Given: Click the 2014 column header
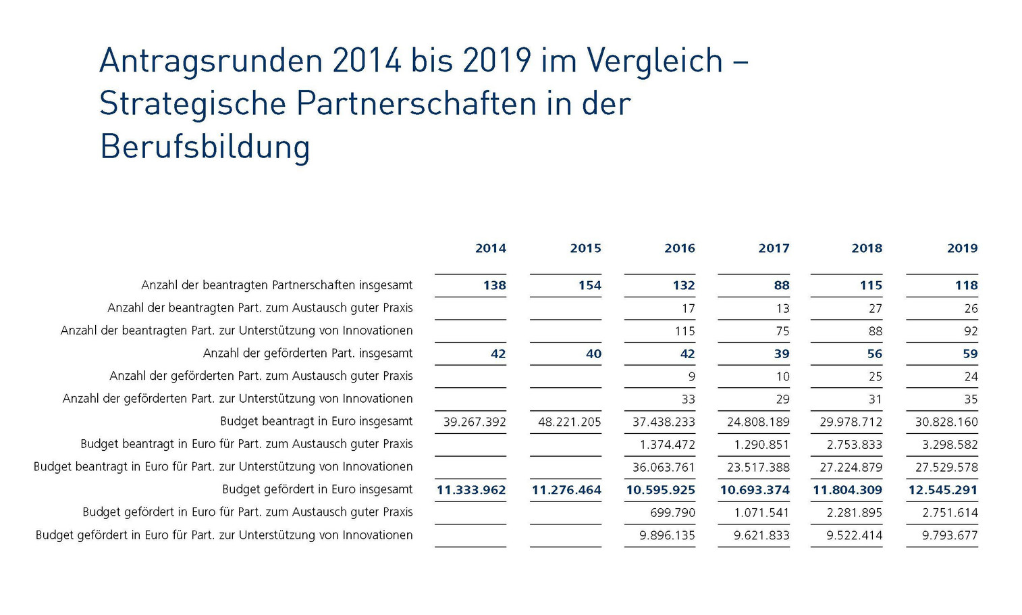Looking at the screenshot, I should coord(490,249).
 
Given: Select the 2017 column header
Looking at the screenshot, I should coord(774,249).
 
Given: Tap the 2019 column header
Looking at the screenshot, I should coord(962,249).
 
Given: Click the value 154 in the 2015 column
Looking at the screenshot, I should coord(589,286).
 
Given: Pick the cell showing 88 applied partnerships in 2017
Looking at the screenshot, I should coord(782,286).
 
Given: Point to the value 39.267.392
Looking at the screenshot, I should coord(475,422).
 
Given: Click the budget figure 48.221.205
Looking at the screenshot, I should coord(570,422).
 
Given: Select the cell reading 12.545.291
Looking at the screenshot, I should coord(942,490).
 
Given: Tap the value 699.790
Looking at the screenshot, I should coord(672,513).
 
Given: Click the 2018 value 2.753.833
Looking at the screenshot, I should coord(854,445).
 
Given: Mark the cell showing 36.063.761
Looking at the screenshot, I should coord(664,468).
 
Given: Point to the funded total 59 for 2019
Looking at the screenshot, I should coord(970,354).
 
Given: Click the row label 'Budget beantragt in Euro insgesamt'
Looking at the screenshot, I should coord(316,422).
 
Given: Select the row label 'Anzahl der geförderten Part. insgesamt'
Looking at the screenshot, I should coord(308,353).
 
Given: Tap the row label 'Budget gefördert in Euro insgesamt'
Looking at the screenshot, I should coord(317,489).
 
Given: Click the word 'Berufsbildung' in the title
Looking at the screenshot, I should coord(205,147).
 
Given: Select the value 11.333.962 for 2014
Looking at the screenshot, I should coord(471,490).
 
